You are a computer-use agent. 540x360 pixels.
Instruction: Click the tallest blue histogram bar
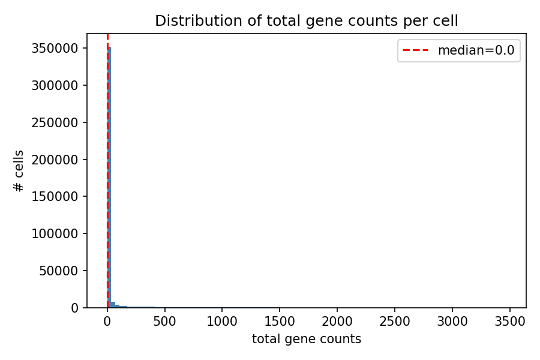pyautogui.click(x=110, y=180)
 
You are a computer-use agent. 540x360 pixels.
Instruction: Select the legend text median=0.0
pyautogui.click(x=476, y=50)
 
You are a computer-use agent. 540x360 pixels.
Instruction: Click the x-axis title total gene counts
pyautogui.click(x=307, y=339)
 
